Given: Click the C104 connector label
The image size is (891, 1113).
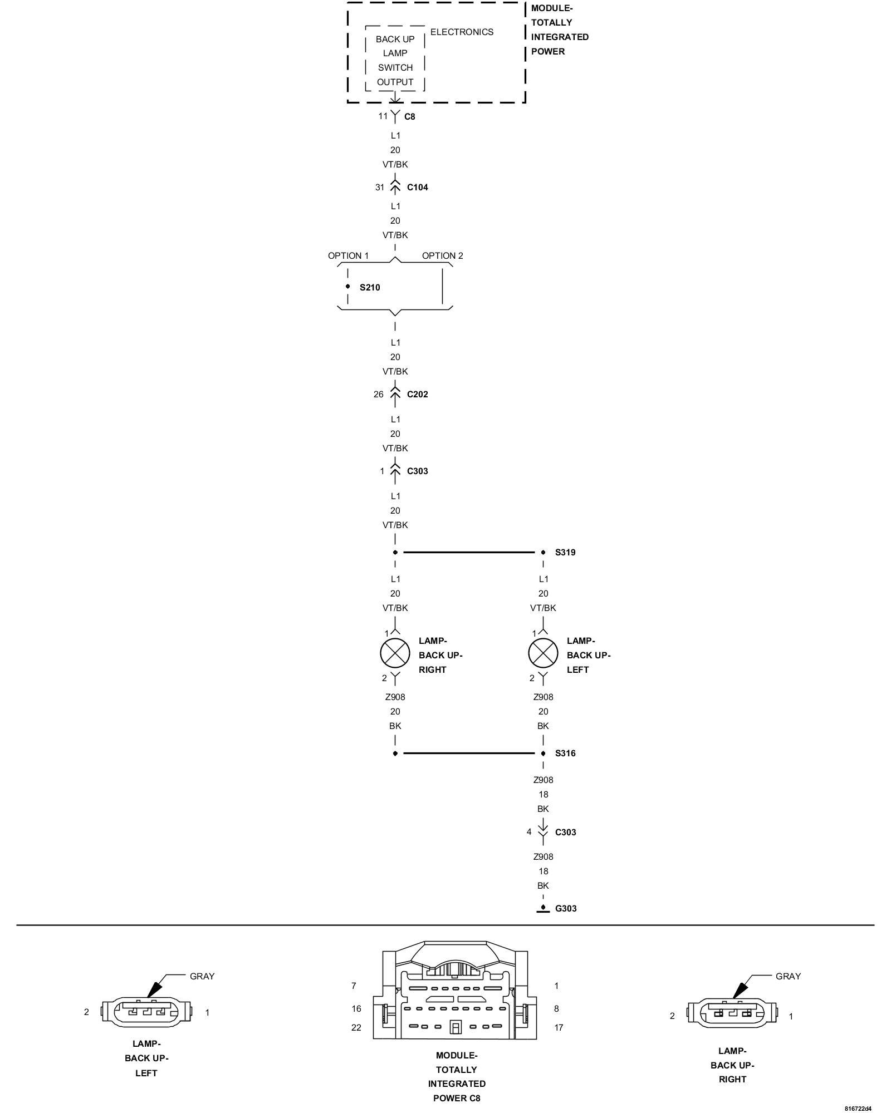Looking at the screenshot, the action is point(417,188).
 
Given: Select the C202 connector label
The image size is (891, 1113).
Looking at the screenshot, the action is point(417,395).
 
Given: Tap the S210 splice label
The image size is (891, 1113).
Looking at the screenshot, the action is point(369,288).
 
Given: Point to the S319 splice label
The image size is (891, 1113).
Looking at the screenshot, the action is point(565,553).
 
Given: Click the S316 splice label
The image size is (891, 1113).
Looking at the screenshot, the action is point(565,754).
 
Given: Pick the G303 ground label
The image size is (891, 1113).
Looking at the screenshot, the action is point(566,909).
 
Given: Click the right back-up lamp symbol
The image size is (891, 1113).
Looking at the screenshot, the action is point(395,653).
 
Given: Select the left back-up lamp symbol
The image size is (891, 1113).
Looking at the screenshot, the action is point(543,653).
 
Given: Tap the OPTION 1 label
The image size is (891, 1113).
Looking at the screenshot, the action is point(348,256).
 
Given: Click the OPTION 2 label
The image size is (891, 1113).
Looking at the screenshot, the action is point(442,256).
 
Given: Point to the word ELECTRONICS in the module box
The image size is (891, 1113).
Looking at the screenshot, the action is point(462,32).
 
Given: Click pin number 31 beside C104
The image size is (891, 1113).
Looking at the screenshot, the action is point(380,188).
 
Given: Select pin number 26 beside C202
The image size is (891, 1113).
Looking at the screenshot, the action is point(379,395).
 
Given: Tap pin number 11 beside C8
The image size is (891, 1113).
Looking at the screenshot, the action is point(383,116).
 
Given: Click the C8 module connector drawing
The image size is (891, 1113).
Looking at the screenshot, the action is point(456,994).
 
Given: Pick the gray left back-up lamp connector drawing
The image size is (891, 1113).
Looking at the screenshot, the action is point(146,1012).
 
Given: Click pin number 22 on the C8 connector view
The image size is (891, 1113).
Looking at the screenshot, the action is point(356,1028).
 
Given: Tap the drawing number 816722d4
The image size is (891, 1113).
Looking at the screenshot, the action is point(858,1109).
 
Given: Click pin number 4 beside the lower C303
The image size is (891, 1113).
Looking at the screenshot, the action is point(529,832).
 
